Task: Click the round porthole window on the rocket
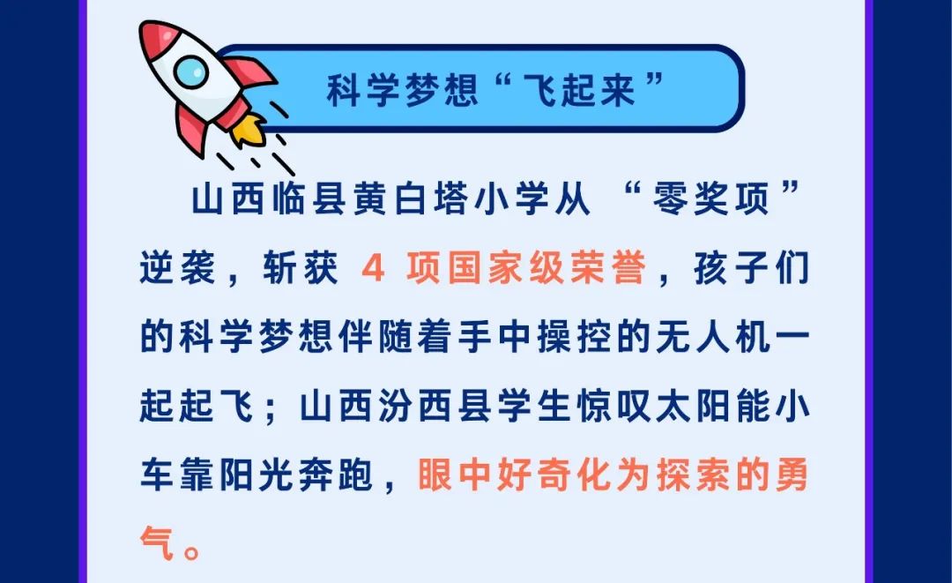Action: click(191, 71)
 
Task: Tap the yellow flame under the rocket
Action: click(249, 129)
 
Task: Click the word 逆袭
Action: click(177, 267)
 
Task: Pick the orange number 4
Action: click(373, 268)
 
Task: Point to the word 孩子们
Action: click(752, 267)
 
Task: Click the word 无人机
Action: click(713, 336)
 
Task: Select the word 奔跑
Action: click(335, 475)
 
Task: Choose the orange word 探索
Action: click(693, 475)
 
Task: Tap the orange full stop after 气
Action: click(192, 552)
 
